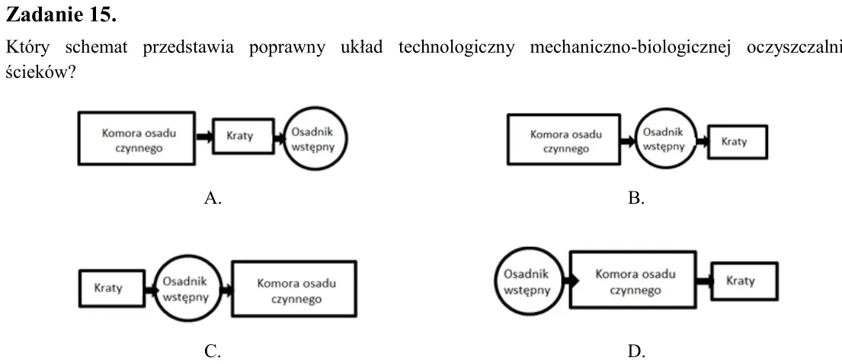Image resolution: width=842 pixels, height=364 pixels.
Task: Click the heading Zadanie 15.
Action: (61, 15)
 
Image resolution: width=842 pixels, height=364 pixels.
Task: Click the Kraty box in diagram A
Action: (243, 136)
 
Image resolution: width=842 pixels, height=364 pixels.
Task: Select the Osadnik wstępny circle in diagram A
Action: (315, 138)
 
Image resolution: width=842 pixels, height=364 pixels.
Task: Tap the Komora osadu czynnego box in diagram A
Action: (136, 138)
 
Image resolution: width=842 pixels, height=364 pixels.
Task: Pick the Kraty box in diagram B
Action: (738, 142)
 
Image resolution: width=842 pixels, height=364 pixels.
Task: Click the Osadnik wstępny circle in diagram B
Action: (666, 138)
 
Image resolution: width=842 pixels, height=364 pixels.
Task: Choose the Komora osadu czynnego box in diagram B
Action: (564, 139)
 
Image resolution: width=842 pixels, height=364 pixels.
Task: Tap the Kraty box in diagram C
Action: (112, 288)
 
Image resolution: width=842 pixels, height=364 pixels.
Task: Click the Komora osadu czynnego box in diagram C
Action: (294, 289)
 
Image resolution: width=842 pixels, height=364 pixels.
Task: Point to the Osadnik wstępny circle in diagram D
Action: (529, 281)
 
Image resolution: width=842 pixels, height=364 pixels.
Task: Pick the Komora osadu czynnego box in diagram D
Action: (632, 279)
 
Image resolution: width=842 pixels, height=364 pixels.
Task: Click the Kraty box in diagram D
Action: (744, 281)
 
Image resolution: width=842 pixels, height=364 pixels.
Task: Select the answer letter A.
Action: (213, 198)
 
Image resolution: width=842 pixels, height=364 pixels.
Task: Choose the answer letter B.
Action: (636, 198)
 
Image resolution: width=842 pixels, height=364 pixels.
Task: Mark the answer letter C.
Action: (213, 352)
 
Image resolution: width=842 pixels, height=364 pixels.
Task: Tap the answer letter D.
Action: (636, 352)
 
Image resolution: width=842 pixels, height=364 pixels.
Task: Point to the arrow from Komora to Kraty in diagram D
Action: (705, 281)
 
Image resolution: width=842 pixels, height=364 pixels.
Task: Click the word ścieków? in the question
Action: (40, 72)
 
